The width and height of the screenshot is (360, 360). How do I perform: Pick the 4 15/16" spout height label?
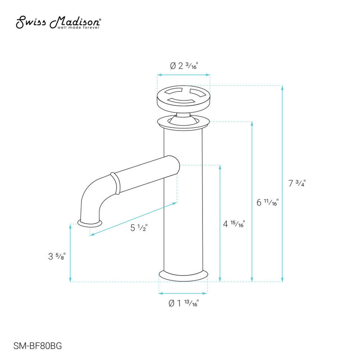[234, 223]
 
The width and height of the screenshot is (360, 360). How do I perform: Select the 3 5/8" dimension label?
[56, 256]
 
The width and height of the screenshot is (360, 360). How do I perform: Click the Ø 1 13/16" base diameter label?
[184, 304]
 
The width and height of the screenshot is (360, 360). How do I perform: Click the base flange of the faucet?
[184, 274]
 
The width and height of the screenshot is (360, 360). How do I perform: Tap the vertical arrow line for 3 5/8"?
[71, 252]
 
